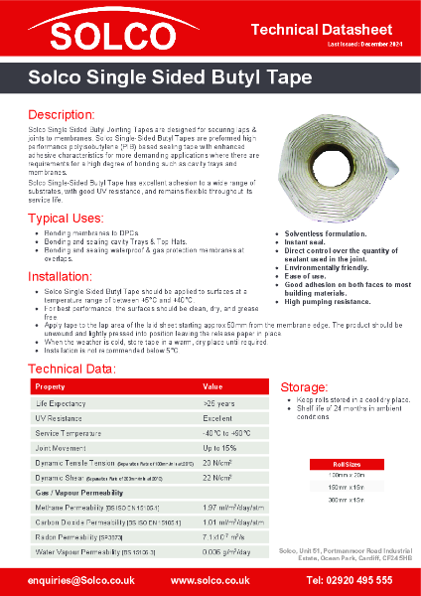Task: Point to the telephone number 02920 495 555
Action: tap(350, 578)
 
